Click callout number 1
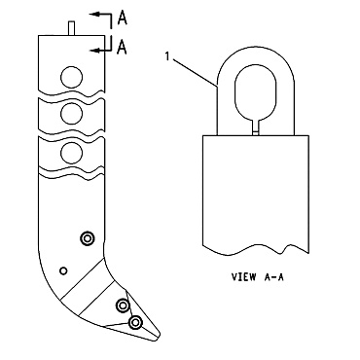click(167, 58)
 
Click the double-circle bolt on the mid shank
click(88, 238)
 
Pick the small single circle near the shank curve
click(63, 270)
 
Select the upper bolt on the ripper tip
click(123, 306)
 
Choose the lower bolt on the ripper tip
click(135, 321)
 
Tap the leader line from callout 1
click(195, 74)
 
